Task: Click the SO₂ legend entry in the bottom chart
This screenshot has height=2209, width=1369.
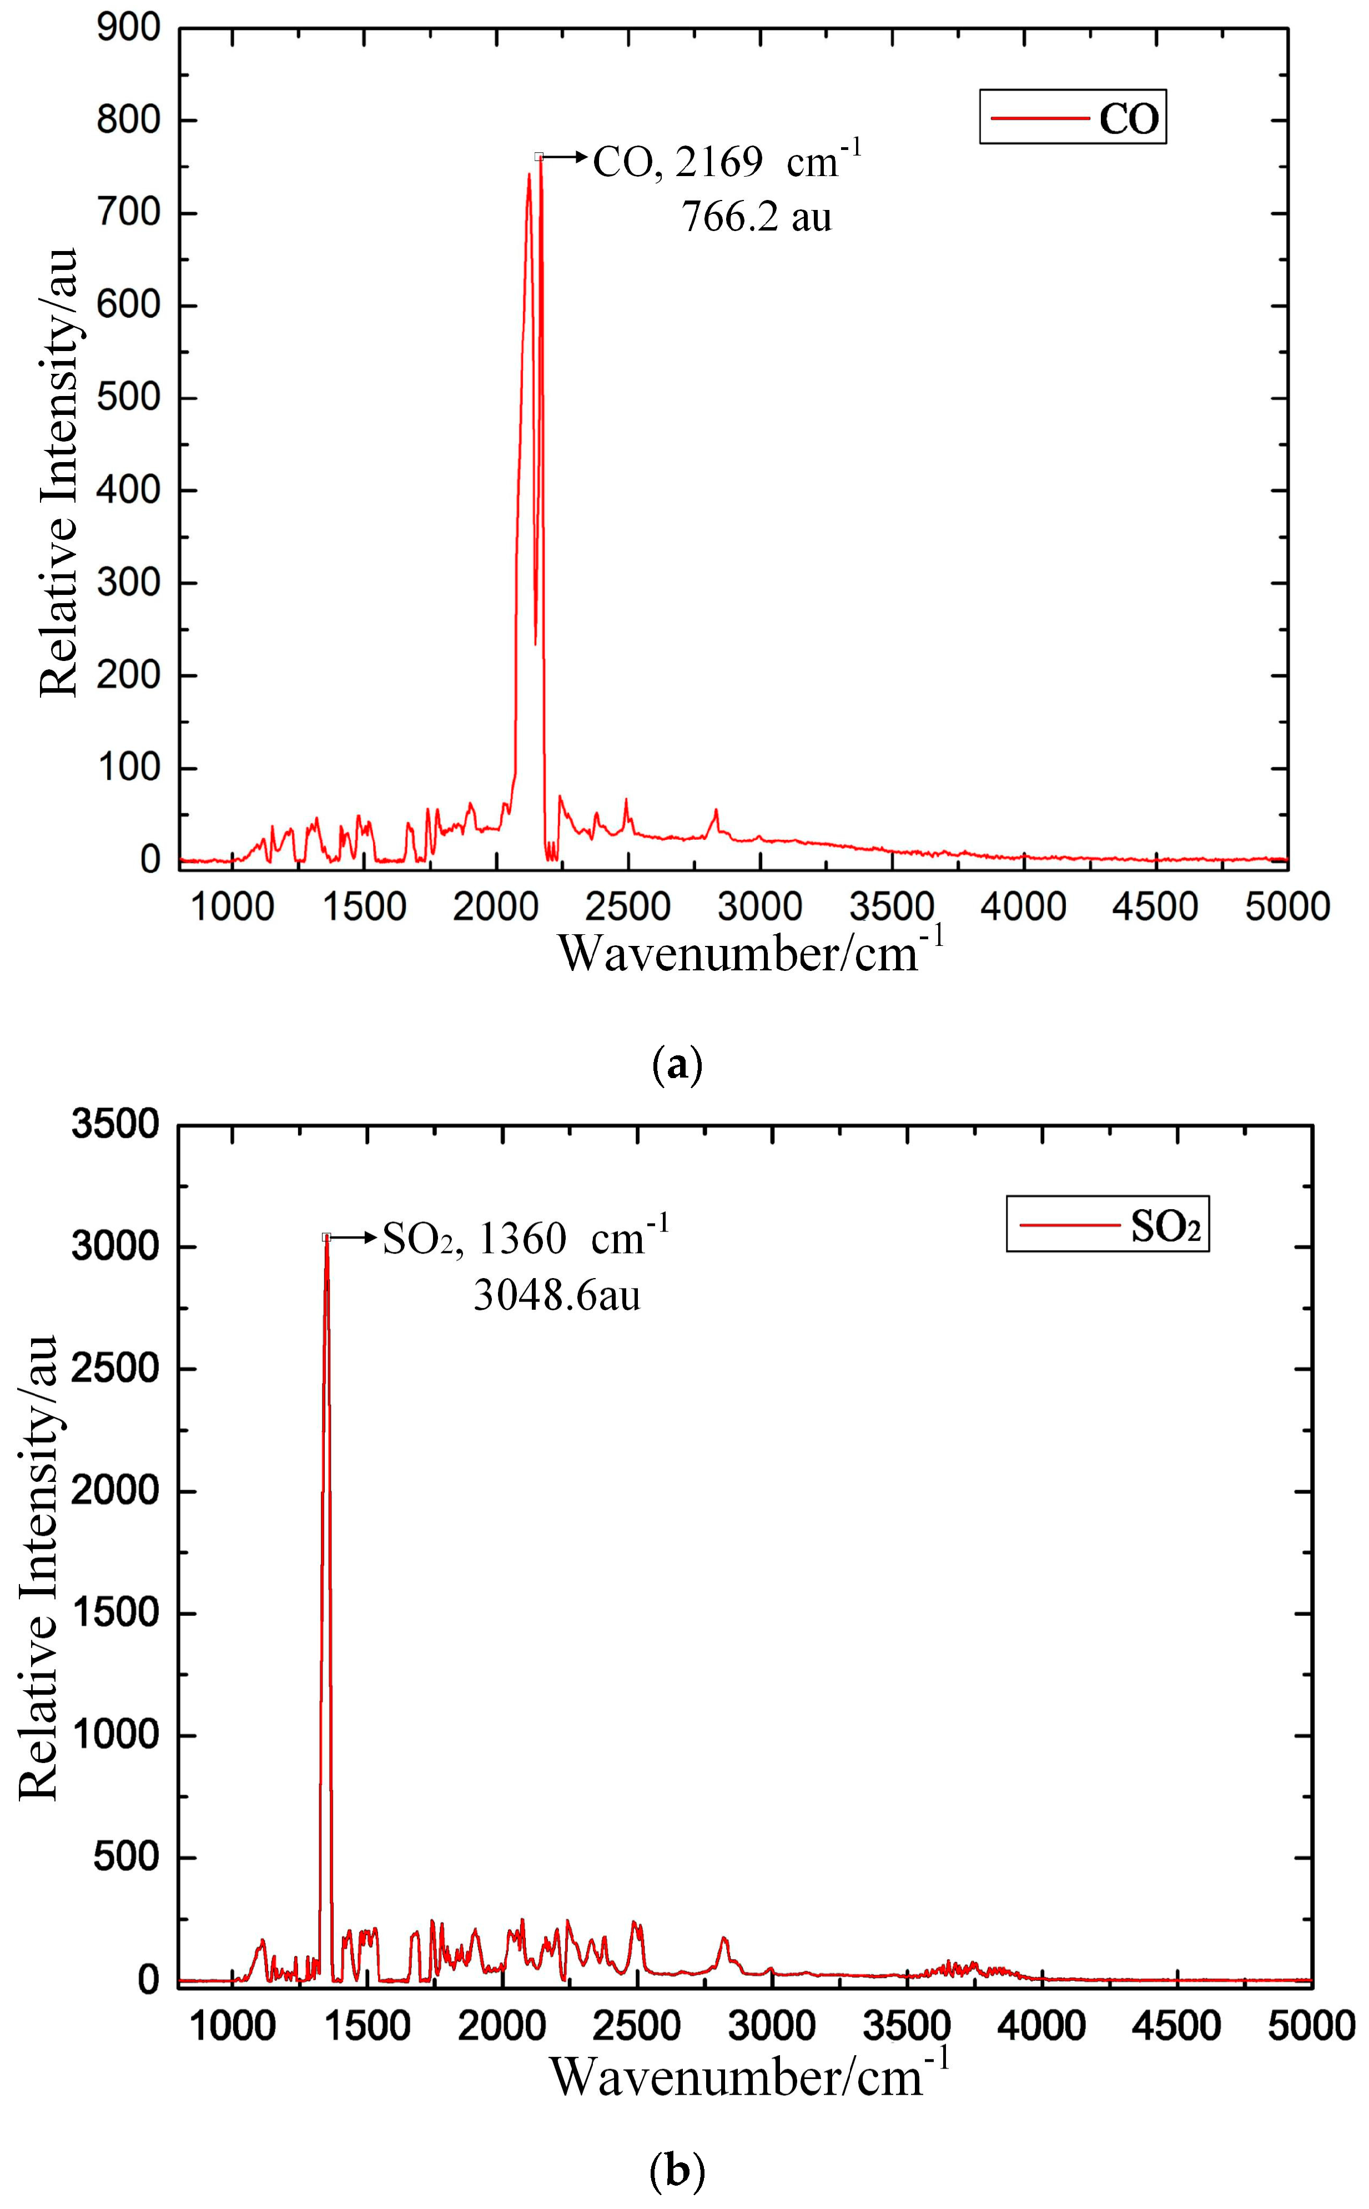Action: (1108, 1226)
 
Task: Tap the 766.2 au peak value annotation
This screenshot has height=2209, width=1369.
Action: (756, 217)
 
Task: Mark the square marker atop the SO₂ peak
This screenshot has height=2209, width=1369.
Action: (326, 1237)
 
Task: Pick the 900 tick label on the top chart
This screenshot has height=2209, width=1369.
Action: (129, 28)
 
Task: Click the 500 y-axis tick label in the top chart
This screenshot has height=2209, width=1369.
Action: (129, 398)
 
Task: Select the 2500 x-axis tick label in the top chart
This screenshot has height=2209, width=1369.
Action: (627, 906)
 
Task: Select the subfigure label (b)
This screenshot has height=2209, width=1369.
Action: (677, 2171)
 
